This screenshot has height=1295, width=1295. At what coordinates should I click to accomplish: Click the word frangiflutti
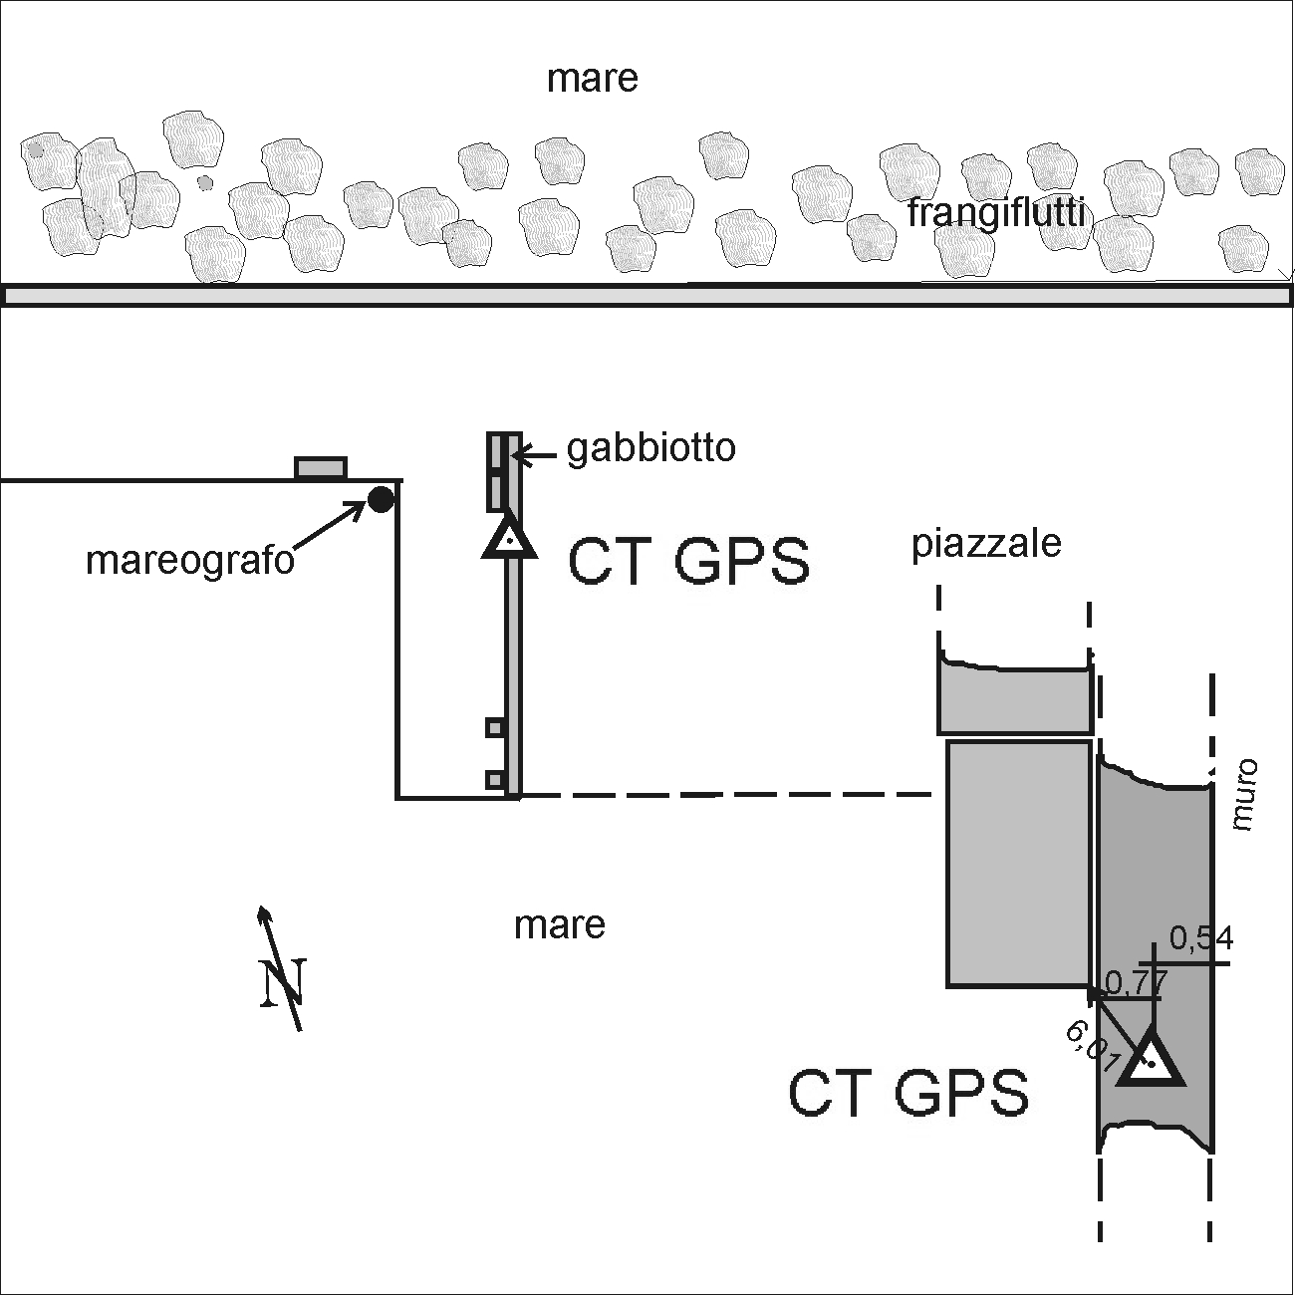tap(995, 212)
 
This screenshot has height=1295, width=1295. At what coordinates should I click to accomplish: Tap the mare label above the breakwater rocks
tap(592, 78)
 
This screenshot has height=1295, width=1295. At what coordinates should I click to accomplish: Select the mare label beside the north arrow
tap(560, 924)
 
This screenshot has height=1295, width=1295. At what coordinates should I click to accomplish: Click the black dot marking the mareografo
tap(381, 499)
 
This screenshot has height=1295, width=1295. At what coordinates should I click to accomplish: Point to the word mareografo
tap(190, 561)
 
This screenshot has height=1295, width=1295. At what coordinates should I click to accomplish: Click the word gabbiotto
tap(651, 448)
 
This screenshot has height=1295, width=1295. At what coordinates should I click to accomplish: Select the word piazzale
tap(986, 544)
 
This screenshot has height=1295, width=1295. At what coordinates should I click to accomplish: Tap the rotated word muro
tap(1244, 795)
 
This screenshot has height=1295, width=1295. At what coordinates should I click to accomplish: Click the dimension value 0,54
tap(1200, 938)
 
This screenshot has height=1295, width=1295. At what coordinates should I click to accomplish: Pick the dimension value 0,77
tap(1135, 984)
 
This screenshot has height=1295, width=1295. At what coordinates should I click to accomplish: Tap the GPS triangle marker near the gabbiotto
tap(509, 539)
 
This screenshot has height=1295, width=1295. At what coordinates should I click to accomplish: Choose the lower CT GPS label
tap(907, 1093)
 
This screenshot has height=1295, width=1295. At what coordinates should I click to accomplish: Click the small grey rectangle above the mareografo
tap(321, 468)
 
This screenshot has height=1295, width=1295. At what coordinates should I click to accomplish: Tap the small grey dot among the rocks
tap(205, 182)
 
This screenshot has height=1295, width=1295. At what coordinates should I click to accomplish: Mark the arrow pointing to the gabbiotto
tap(534, 456)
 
